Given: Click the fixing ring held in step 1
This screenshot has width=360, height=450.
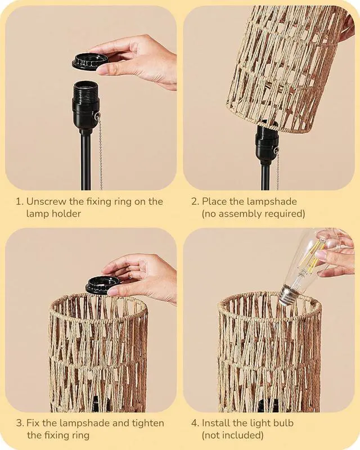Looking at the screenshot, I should [90, 61].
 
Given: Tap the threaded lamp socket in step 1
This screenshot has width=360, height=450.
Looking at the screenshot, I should [86, 104].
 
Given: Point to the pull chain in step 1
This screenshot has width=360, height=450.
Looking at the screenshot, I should [101, 152].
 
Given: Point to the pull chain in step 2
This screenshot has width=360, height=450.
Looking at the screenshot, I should [277, 169].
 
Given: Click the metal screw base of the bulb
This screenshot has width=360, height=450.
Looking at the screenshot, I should [288, 295].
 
